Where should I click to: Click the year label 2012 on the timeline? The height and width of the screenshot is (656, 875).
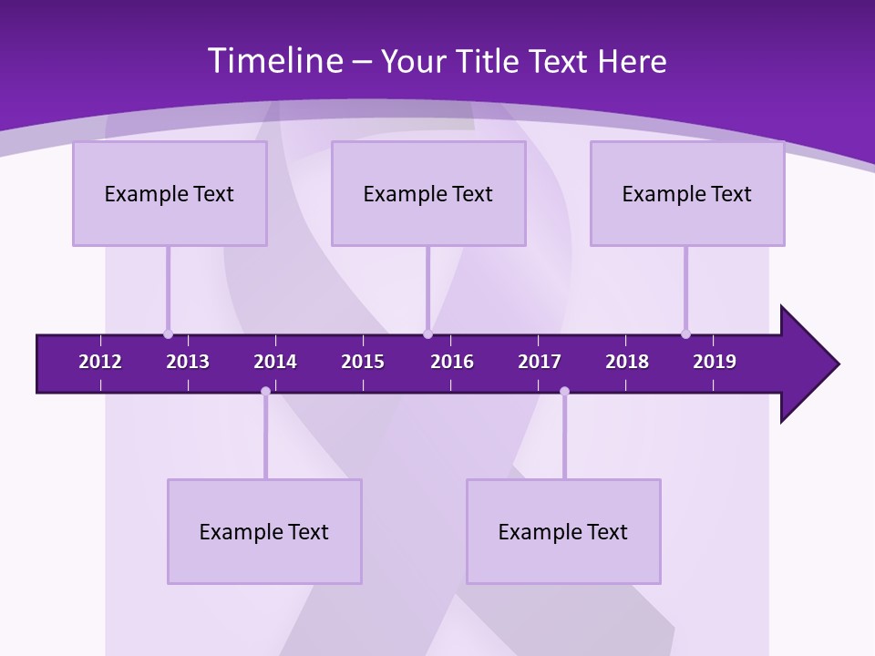tap(100, 362)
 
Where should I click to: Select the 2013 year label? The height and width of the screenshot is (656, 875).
tap(188, 362)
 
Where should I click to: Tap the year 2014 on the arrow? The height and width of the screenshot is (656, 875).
tap(275, 362)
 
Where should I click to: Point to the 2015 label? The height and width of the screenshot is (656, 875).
tap(363, 362)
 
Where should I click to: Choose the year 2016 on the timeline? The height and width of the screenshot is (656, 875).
tap(452, 362)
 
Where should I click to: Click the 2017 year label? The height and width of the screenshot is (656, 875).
tap(540, 362)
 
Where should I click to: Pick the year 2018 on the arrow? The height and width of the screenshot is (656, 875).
tap(627, 362)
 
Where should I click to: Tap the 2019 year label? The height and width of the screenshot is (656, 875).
tap(715, 362)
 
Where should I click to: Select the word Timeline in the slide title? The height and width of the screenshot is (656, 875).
tap(273, 61)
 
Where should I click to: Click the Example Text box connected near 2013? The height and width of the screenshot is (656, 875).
tap(170, 193)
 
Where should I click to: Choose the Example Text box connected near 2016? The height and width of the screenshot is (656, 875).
tap(428, 193)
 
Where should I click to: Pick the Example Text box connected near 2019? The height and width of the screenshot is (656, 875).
tap(687, 193)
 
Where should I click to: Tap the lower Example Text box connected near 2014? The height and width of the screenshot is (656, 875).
tap(264, 531)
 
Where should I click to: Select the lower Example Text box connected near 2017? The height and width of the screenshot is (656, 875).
tap(563, 531)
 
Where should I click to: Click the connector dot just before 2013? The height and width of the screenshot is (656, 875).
tap(168, 333)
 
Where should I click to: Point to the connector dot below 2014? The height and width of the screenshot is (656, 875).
tap(265, 392)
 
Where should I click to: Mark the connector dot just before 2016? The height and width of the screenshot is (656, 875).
tap(427, 333)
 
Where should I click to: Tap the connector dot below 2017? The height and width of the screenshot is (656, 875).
tap(564, 392)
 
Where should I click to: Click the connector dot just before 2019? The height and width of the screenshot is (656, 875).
tap(685, 333)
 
